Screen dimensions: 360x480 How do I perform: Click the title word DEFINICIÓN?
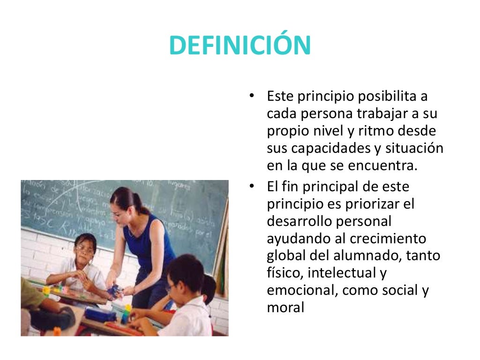[x=240, y=45]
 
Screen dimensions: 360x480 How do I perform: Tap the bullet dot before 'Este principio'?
[x=252, y=96]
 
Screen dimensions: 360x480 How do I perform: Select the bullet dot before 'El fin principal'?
[x=252, y=187]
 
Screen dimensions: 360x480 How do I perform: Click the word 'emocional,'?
[x=302, y=290]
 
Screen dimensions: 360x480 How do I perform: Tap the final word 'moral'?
[x=285, y=307]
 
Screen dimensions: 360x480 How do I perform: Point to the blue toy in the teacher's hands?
[x=114, y=292]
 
